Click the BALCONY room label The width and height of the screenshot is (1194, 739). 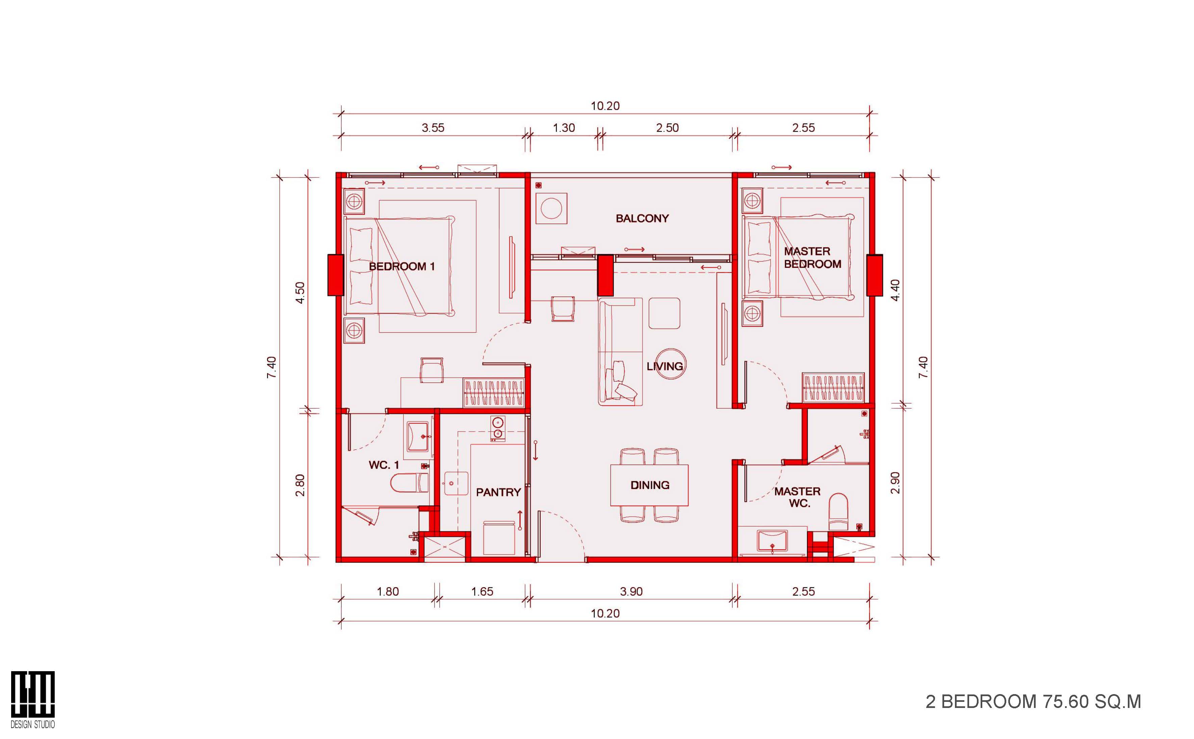point(642,218)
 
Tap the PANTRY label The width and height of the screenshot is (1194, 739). point(498,492)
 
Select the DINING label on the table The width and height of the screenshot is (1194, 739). point(650,485)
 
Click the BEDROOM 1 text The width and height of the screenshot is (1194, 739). point(402,266)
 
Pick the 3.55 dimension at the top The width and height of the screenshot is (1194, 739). point(433,128)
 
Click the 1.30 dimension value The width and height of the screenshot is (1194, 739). point(564,128)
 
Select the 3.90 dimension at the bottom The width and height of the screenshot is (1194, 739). point(631,592)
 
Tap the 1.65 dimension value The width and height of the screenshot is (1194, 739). point(482,592)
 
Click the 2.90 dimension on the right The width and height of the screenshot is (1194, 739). point(895,483)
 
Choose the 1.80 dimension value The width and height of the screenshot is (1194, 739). point(388,592)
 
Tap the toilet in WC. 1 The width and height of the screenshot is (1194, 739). point(410,483)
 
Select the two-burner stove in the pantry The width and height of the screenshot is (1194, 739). point(498,428)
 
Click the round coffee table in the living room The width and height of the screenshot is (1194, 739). point(669,365)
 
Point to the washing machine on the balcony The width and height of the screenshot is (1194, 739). point(551,209)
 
